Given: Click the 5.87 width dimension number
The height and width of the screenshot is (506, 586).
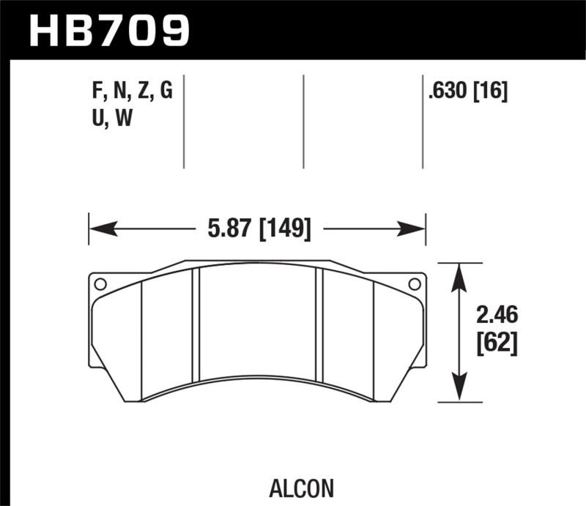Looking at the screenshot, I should click(x=225, y=229).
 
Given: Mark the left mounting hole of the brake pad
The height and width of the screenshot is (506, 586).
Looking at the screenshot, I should click(x=100, y=284).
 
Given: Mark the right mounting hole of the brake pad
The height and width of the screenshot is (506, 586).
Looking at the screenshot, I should click(x=414, y=284).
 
